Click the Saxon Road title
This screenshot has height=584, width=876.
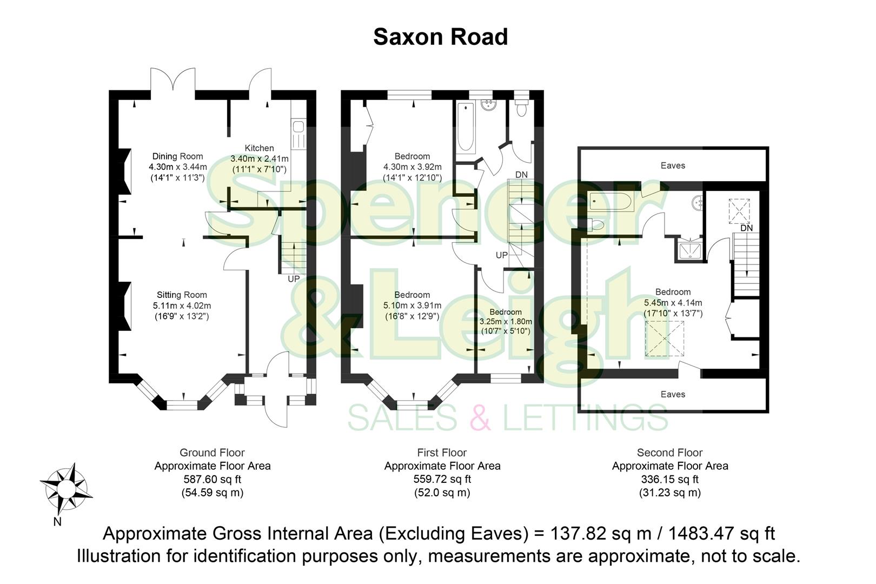pos(440,37)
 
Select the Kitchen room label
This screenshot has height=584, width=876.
pos(260,148)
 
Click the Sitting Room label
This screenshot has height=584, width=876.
pos(182,295)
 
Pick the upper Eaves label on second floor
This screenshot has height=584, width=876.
pos(673,165)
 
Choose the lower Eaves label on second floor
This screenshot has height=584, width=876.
pos(673,394)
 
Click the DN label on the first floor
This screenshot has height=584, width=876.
pos(521,175)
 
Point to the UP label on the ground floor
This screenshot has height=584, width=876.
pos(294,279)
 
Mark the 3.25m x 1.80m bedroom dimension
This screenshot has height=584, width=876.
pos(506,321)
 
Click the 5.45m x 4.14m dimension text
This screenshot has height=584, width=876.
pos(673,303)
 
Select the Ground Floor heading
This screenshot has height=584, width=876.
pos(212,453)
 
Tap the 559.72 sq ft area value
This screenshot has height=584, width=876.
pos(442,479)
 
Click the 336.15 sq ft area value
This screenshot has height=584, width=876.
pos(669,479)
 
